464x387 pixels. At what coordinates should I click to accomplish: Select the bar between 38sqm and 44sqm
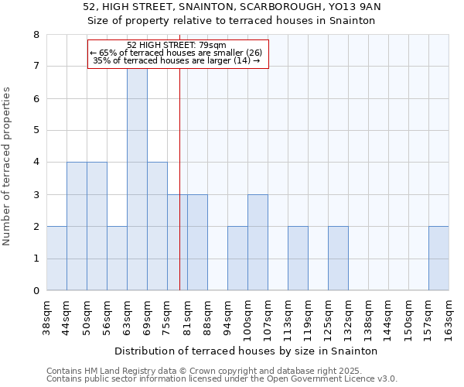(x=56, y=259)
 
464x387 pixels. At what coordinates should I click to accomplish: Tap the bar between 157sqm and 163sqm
(x=438, y=259)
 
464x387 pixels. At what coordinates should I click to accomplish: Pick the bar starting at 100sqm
(x=258, y=242)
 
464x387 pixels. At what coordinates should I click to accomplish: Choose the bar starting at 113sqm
(x=298, y=259)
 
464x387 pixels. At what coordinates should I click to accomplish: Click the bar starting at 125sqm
(x=338, y=259)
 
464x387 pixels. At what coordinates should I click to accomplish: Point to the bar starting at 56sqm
(x=117, y=259)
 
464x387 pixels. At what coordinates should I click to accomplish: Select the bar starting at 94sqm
(x=237, y=259)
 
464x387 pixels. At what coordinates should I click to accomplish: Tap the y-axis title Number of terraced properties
(x=7, y=166)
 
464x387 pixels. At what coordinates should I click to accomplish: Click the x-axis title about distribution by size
(x=247, y=351)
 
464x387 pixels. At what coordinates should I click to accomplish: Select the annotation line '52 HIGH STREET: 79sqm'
(x=176, y=45)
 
